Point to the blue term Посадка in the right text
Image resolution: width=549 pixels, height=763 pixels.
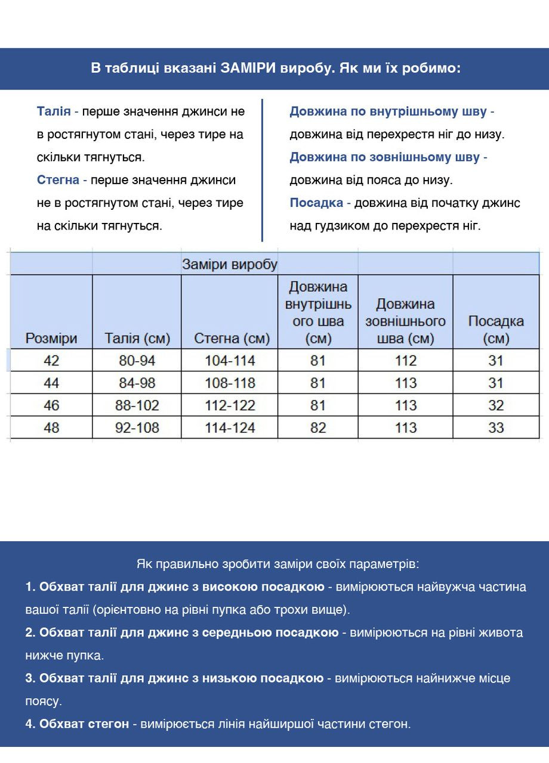316,203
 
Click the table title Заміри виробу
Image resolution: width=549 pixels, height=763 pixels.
229,264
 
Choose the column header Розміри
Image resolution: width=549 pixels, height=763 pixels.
51,339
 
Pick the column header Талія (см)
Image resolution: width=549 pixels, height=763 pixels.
137,339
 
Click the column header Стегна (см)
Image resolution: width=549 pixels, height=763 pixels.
232,339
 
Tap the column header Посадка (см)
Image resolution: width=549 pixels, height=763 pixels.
495,330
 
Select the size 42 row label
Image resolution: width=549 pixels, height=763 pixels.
51,361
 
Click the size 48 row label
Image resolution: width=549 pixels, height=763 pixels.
51,427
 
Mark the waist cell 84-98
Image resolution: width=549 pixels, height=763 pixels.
137,383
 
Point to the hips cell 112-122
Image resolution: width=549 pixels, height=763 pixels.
230,405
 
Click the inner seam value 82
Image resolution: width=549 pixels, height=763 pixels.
317,427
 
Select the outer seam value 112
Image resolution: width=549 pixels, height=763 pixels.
406,361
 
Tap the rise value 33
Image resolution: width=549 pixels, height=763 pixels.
495,427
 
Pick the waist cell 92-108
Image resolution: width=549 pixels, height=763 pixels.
137,427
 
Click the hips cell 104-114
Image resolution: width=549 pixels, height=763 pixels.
230,361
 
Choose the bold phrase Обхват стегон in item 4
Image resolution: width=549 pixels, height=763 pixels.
84,724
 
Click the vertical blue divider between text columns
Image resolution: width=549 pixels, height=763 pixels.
262,170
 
